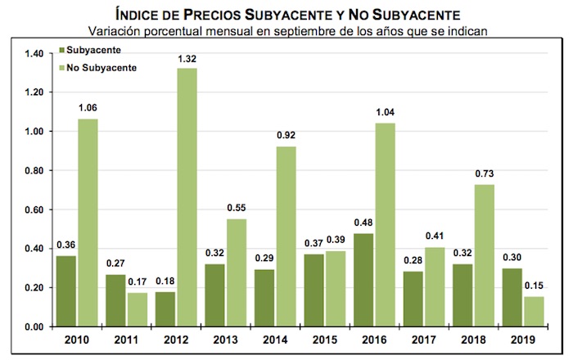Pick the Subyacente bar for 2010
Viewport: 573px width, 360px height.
click(x=66, y=291)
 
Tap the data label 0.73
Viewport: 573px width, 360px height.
click(x=483, y=174)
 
